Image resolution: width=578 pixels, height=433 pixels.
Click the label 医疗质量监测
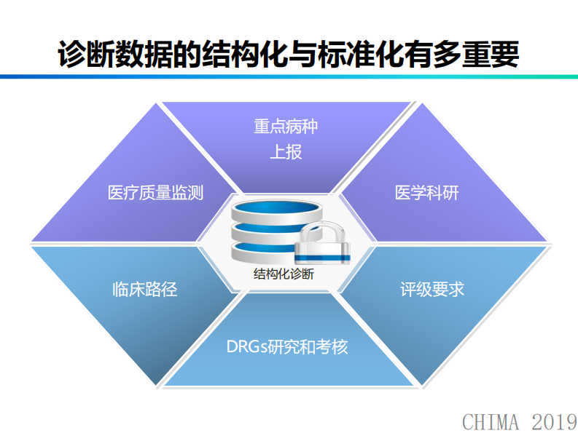click(155, 193)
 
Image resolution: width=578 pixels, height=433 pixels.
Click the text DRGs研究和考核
click(287, 346)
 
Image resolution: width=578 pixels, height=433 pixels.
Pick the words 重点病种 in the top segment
click(286, 127)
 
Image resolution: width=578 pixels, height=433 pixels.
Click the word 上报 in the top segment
click(286, 152)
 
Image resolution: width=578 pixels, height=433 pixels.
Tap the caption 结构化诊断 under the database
click(284, 274)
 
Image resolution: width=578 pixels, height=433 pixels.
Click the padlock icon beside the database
click(323, 247)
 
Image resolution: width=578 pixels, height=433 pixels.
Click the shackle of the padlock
click(323, 234)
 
